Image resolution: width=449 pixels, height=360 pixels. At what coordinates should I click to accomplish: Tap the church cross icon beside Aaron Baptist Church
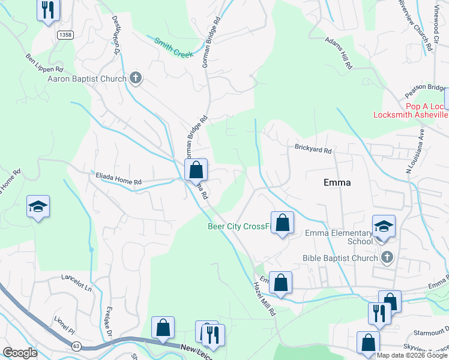click(x=136, y=77)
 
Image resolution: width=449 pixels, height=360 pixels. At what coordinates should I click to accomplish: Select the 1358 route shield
click(x=65, y=35)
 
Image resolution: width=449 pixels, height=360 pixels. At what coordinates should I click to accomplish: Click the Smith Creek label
click(x=173, y=48)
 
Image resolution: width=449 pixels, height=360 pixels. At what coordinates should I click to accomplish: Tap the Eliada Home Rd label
click(x=118, y=178)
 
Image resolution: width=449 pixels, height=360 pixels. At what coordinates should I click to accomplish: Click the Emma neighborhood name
click(x=336, y=182)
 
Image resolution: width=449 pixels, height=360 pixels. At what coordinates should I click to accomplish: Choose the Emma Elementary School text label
click(x=339, y=237)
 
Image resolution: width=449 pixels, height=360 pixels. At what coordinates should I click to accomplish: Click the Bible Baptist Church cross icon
click(x=387, y=258)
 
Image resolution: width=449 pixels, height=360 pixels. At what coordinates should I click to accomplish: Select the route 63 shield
click(x=76, y=346)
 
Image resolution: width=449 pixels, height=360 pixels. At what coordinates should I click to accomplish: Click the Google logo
click(x=19, y=353)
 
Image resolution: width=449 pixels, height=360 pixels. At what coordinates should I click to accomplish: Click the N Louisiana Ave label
click(x=415, y=151)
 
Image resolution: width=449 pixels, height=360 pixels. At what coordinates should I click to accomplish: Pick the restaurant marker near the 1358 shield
click(x=48, y=10)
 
